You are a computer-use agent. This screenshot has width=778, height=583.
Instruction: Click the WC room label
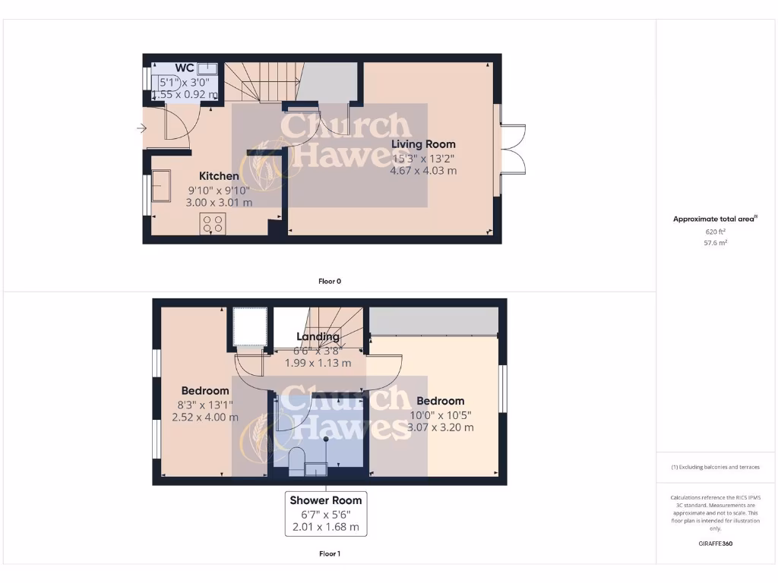point(185,68)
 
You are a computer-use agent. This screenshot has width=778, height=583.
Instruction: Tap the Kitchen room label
point(219,176)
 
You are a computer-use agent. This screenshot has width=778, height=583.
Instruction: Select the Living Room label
point(423,144)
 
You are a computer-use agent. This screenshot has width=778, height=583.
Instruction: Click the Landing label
point(318,337)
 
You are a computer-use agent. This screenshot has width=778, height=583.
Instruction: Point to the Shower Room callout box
point(325,514)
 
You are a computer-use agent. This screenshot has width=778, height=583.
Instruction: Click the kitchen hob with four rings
point(213,223)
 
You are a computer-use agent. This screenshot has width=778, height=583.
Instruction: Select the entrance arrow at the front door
point(141,128)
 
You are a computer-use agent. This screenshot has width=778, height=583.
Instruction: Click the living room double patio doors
point(511,149)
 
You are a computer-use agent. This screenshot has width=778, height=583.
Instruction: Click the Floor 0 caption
point(329,281)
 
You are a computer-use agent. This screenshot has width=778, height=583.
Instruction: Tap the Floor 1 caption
point(329,554)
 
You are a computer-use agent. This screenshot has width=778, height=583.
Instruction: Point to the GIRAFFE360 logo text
point(715,544)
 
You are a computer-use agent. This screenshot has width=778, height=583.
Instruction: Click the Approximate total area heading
point(715,219)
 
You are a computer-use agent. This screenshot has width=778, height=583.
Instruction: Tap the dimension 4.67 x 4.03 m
point(423,171)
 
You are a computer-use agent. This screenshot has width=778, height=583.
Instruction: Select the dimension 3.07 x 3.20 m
point(441,427)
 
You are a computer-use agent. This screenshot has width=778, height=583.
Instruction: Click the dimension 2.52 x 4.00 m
point(205,417)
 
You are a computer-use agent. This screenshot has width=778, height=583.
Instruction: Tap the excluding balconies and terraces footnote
point(715,467)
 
